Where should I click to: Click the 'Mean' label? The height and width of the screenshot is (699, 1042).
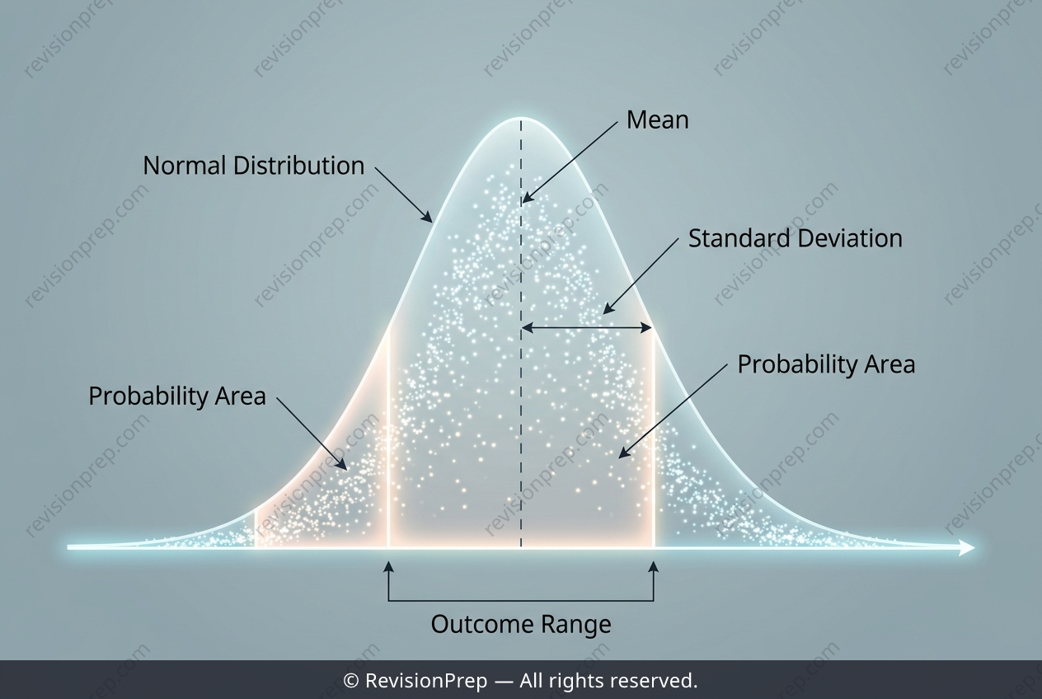pyautogui.click(x=657, y=120)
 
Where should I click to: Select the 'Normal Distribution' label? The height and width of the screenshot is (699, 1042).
pyautogui.click(x=254, y=166)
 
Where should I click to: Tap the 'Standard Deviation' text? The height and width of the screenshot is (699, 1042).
pyautogui.click(x=796, y=238)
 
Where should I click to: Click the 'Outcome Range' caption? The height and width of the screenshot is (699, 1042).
pyautogui.click(x=521, y=624)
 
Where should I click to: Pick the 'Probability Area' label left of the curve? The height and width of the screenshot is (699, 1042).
pyautogui.click(x=177, y=396)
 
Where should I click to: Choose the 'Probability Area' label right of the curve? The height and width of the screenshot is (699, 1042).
pyautogui.click(x=827, y=364)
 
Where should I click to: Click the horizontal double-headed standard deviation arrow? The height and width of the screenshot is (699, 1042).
pyautogui.click(x=587, y=328)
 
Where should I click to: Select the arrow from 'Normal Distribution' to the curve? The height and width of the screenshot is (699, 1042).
pyautogui.click(x=404, y=195)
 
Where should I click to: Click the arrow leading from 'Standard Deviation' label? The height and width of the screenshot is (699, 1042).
pyautogui.click(x=641, y=276)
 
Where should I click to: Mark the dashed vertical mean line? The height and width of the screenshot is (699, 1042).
pyautogui.click(x=521, y=333)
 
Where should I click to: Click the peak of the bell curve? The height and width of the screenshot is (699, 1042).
pyautogui.click(x=521, y=118)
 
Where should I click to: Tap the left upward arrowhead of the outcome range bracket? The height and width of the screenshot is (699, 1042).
pyautogui.click(x=389, y=566)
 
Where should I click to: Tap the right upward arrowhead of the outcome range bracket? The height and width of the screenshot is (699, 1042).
pyautogui.click(x=654, y=566)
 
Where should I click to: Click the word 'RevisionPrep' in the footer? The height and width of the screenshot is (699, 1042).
pyautogui.click(x=426, y=681)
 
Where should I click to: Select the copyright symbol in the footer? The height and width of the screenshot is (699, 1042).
pyautogui.click(x=350, y=681)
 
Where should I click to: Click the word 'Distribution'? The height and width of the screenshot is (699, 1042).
pyautogui.click(x=298, y=166)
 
